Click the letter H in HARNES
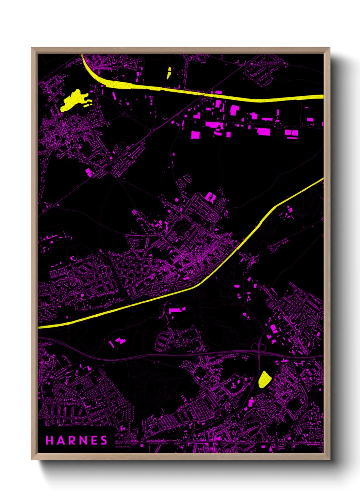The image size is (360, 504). pyautogui.click(x=49, y=440)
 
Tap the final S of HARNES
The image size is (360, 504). pyautogui.click(x=104, y=440)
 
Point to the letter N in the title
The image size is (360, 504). pyautogui.click(x=82, y=440)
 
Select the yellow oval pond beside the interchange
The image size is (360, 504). pyautogui.click(x=264, y=379)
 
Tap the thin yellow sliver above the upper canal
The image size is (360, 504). pyautogui.click(x=169, y=73)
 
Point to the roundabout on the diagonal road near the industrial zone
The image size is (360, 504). pyautogui.click(x=152, y=130)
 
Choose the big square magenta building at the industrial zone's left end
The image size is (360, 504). pyautogui.click(x=195, y=135)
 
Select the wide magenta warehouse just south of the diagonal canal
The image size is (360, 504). pyautogui.click(x=177, y=310)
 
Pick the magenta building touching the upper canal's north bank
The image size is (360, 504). pyautogui.click(x=218, y=92)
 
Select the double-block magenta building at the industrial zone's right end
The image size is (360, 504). pyautogui.click(x=292, y=133)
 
